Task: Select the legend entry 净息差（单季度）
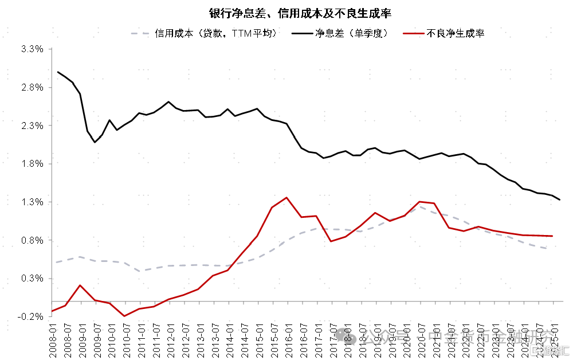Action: (x=351, y=34)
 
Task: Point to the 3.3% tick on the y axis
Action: (x=32, y=49)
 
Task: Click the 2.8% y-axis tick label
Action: (x=32, y=88)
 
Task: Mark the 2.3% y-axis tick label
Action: (x=32, y=126)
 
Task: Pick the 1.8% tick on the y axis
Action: (x=32, y=164)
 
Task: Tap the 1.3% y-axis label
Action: (x=32, y=202)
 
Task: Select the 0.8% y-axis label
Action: (x=32, y=240)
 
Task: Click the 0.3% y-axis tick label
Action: (x=32, y=279)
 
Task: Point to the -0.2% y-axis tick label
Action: (x=31, y=316)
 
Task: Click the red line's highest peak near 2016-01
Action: (x=286, y=198)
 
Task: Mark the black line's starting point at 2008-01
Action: (x=58, y=72)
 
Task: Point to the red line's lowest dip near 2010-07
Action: (x=124, y=316)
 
